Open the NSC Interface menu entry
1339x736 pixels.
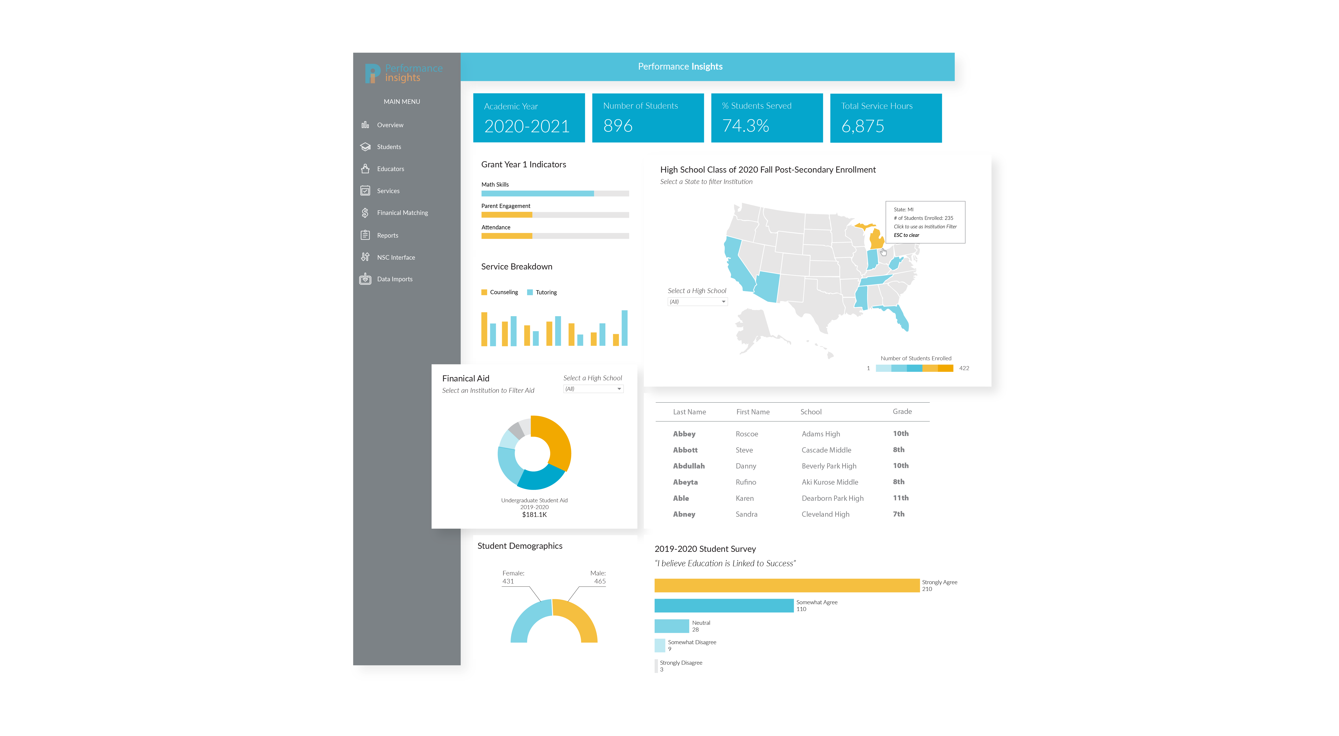396,257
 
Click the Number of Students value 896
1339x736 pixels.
618,126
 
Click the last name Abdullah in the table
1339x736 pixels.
689,466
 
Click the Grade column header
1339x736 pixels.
902,412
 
